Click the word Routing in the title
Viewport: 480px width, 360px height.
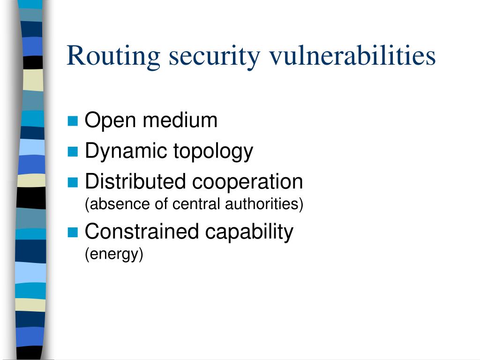(x=114, y=56)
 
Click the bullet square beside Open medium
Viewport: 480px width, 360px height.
(x=72, y=121)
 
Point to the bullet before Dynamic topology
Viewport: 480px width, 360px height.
(x=72, y=152)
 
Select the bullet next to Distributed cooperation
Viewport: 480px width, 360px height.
(x=72, y=182)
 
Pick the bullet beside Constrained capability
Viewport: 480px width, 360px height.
(x=72, y=232)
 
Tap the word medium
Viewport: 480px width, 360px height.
(x=180, y=120)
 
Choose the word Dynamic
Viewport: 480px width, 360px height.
(x=126, y=151)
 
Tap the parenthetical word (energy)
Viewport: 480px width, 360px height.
(x=113, y=254)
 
